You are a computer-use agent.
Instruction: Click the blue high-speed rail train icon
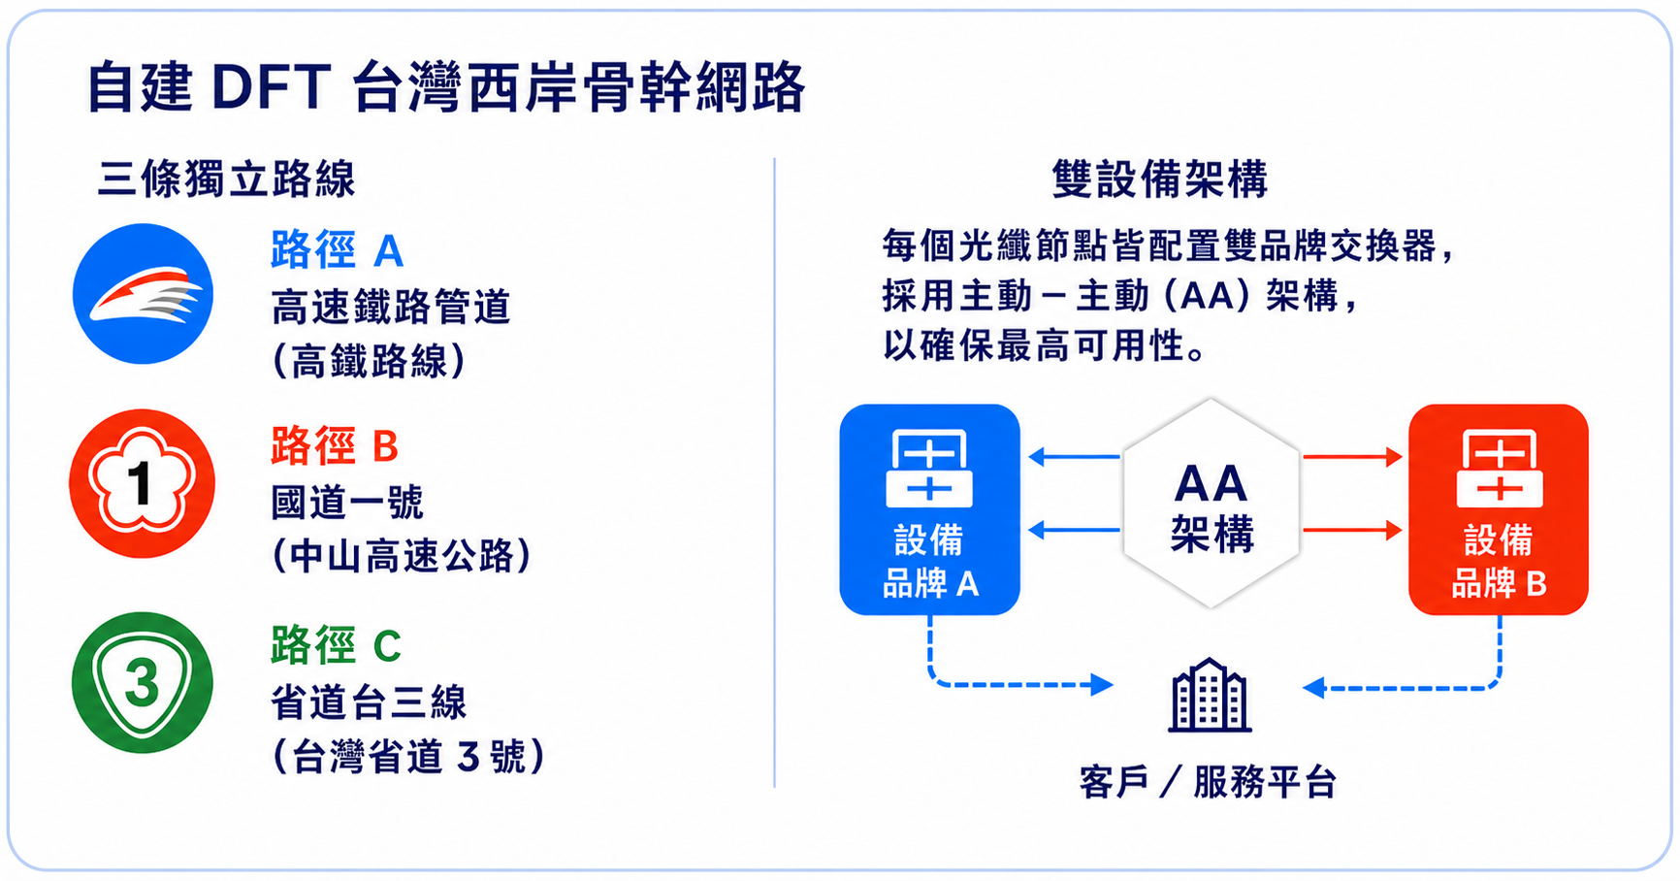click(x=143, y=294)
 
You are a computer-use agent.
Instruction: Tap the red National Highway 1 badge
click(x=142, y=483)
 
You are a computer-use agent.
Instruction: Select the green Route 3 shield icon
click(x=142, y=682)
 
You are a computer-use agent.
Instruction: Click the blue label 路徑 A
click(x=337, y=250)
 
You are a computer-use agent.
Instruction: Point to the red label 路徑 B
click(x=335, y=446)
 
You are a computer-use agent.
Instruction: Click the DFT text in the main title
click(x=272, y=86)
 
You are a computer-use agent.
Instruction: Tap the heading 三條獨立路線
click(x=227, y=179)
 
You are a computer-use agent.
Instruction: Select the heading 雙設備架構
click(x=1160, y=179)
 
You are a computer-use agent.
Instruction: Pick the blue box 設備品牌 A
click(x=929, y=509)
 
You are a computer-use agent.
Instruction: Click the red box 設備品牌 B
click(x=1499, y=509)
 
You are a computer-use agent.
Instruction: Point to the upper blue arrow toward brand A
click(x=1075, y=456)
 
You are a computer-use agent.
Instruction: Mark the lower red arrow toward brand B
click(x=1352, y=530)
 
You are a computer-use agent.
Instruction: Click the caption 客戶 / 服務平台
click(x=1209, y=782)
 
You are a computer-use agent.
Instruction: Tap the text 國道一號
click(x=347, y=503)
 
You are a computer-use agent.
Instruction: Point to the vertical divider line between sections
click(x=774, y=473)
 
